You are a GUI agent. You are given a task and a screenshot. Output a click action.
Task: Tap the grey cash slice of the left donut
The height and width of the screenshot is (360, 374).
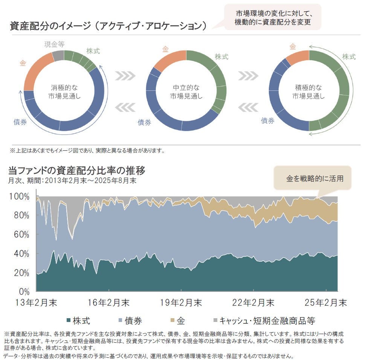[x=58, y=56]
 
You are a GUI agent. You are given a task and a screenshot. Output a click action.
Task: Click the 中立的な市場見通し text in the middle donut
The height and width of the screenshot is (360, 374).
[x=186, y=92]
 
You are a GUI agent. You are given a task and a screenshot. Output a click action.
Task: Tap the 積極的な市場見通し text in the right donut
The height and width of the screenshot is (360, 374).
[x=309, y=92]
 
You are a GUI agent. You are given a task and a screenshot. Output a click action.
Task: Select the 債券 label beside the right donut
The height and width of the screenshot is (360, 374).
[x=268, y=121]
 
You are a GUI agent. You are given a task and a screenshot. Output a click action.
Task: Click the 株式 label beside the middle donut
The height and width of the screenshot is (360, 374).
[x=221, y=57]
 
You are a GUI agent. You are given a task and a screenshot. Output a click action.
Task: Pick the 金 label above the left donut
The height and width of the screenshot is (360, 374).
[x=23, y=63]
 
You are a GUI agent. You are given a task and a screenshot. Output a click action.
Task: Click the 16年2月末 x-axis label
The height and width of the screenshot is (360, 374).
[x=109, y=303]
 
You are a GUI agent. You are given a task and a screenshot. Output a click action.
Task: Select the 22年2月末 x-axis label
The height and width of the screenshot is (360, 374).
[x=253, y=303]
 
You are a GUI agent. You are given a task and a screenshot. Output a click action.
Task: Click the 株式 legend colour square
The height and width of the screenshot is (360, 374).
[x=68, y=321]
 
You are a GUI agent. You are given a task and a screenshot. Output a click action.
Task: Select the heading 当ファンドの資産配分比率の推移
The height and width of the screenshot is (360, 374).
[x=77, y=171]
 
